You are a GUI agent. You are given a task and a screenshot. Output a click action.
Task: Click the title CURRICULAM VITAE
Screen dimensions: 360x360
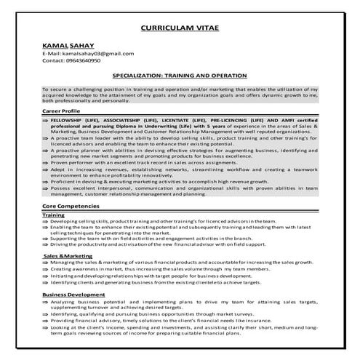click(180, 29)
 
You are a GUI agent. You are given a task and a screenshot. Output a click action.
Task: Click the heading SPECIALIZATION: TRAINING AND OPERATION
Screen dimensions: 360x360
click(180, 75)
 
